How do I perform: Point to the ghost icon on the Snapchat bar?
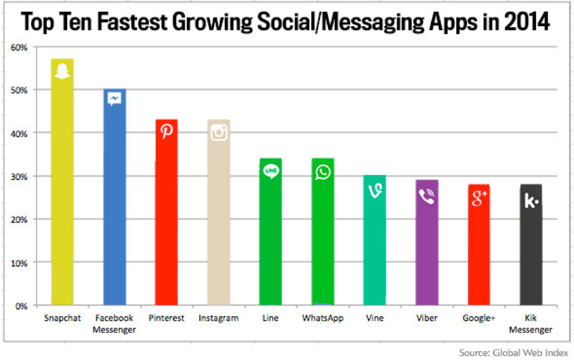point(62,72)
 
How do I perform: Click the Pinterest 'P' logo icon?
point(167,131)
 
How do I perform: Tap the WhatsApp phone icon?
point(323,171)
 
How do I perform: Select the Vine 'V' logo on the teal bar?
point(375,190)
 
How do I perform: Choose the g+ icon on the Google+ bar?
point(479,199)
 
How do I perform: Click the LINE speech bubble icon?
point(271,171)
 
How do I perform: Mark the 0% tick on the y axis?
point(21,306)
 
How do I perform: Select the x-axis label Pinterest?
point(166,318)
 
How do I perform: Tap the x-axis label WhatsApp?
point(322,318)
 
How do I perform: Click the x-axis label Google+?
point(479,318)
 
